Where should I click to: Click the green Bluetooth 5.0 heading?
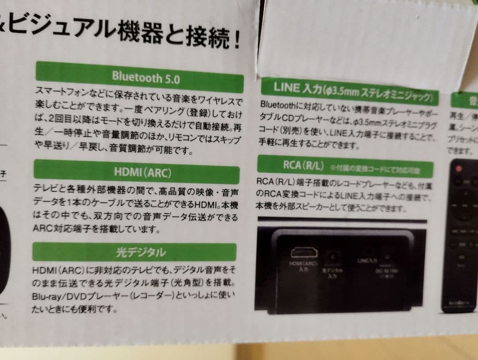[x=139, y=77]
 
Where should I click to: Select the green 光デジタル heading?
[x=134, y=252]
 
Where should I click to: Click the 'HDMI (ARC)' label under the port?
[x=303, y=264]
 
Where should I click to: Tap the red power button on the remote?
[x=458, y=169]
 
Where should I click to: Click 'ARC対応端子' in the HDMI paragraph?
[x=56, y=229]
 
